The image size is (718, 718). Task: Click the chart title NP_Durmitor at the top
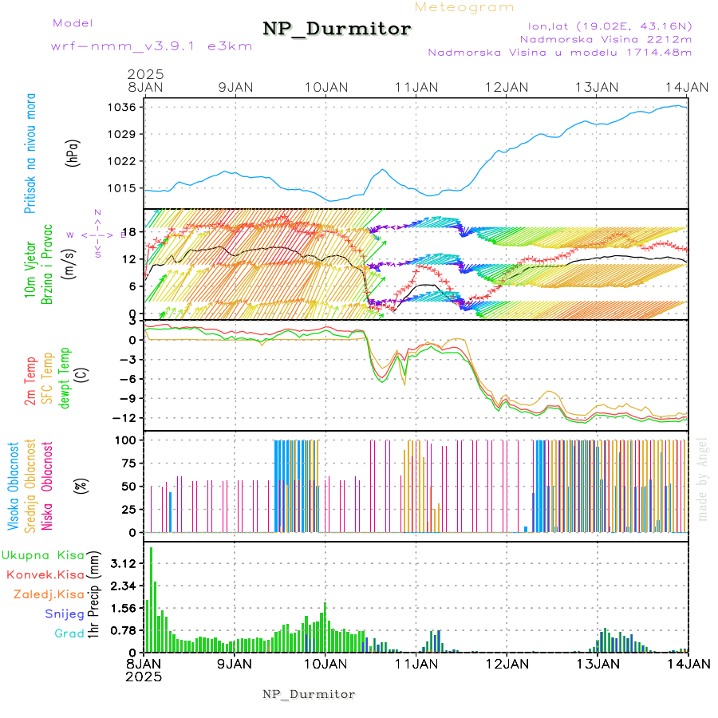pos(337,30)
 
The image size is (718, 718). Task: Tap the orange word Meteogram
pos(465,7)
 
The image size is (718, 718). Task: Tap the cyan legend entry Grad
pos(69,634)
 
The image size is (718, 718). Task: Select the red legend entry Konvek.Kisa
pos(45,574)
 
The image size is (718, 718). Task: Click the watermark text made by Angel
pos(703,479)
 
